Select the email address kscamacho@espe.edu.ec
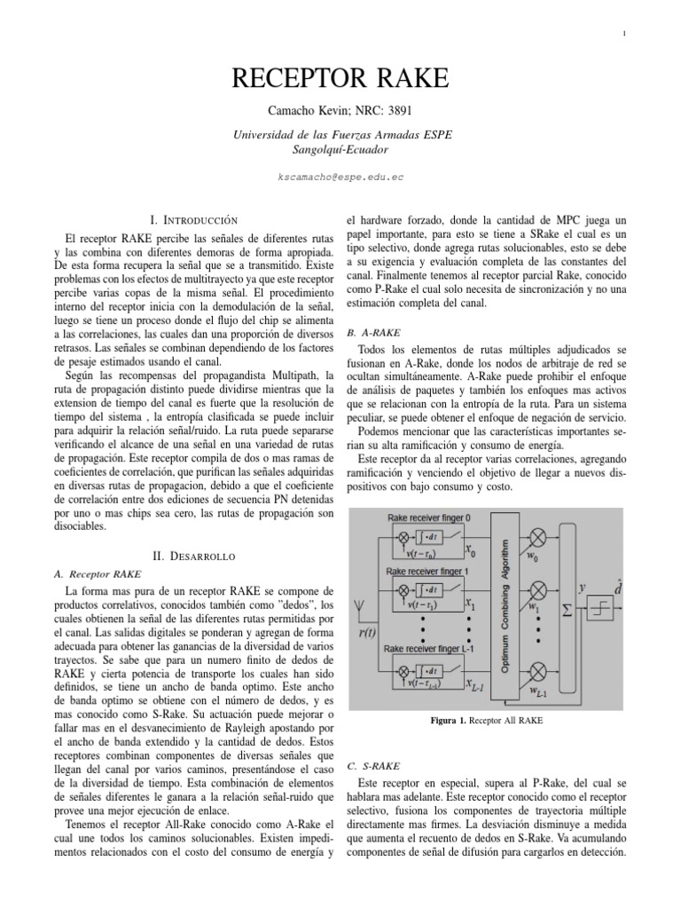click(340, 177)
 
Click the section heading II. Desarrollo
click(193, 555)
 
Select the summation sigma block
click(567, 610)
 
